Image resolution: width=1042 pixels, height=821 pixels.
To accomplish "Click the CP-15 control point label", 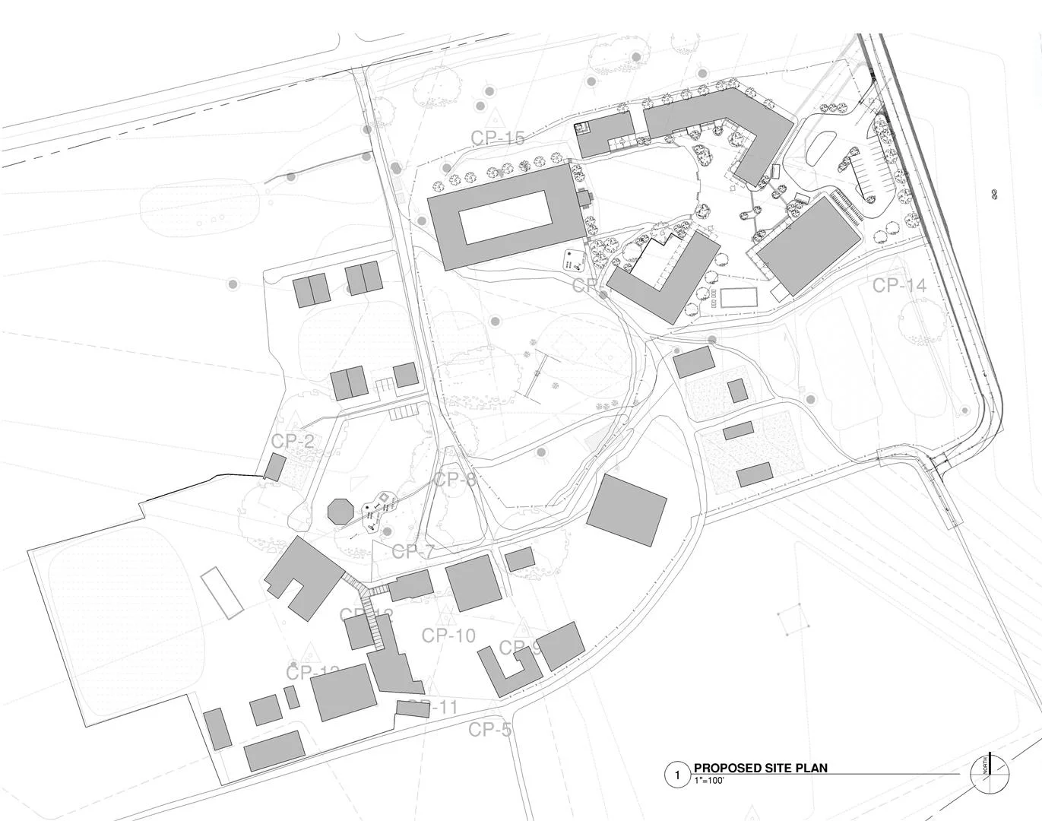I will click(498, 138).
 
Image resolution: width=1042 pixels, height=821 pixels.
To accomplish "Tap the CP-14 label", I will click(899, 286).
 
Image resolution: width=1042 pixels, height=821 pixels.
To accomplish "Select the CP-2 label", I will click(293, 442).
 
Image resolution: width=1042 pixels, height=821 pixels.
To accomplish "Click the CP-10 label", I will click(448, 636).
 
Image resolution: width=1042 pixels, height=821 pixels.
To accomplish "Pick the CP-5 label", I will click(489, 730).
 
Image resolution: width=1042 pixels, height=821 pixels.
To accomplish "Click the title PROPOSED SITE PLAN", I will click(760, 768).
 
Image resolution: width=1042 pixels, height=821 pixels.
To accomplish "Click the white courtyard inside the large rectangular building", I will click(505, 217).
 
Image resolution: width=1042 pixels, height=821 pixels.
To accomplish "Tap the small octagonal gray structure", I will click(339, 509).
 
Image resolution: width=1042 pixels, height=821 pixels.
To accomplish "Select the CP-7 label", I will click(413, 552).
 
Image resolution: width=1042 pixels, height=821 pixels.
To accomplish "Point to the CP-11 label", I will click(439, 708).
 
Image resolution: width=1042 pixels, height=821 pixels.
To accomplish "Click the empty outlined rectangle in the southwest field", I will click(222, 591).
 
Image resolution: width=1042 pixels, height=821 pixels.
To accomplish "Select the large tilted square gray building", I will click(627, 509).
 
